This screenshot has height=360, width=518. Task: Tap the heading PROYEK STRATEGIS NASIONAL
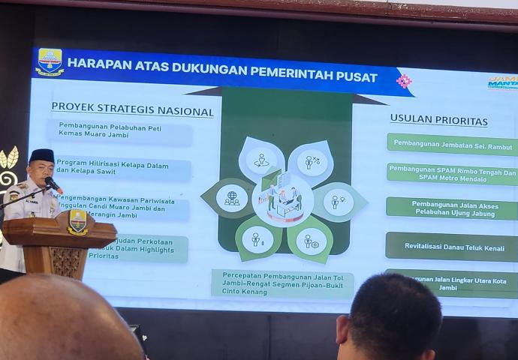[x=132, y=109]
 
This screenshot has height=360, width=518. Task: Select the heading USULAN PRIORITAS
[x=438, y=120]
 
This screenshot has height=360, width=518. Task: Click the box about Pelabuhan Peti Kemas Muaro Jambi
[x=120, y=133]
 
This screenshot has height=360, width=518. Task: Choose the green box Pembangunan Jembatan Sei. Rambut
[x=453, y=145]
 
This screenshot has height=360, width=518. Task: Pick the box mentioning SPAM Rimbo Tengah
[x=453, y=175]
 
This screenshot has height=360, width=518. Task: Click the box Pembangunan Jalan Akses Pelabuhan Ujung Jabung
[x=453, y=208]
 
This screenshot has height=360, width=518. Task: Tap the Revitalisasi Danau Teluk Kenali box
[x=453, y=245]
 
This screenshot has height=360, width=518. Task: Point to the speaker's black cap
[x=42, y=155]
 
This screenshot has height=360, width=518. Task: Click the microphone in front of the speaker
[x=53, y=183]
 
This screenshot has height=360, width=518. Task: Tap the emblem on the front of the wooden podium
[x=77, y=222]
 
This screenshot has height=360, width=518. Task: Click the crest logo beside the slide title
[x=50, y=61]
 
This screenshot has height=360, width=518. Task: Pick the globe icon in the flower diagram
[x=232, y=198]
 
